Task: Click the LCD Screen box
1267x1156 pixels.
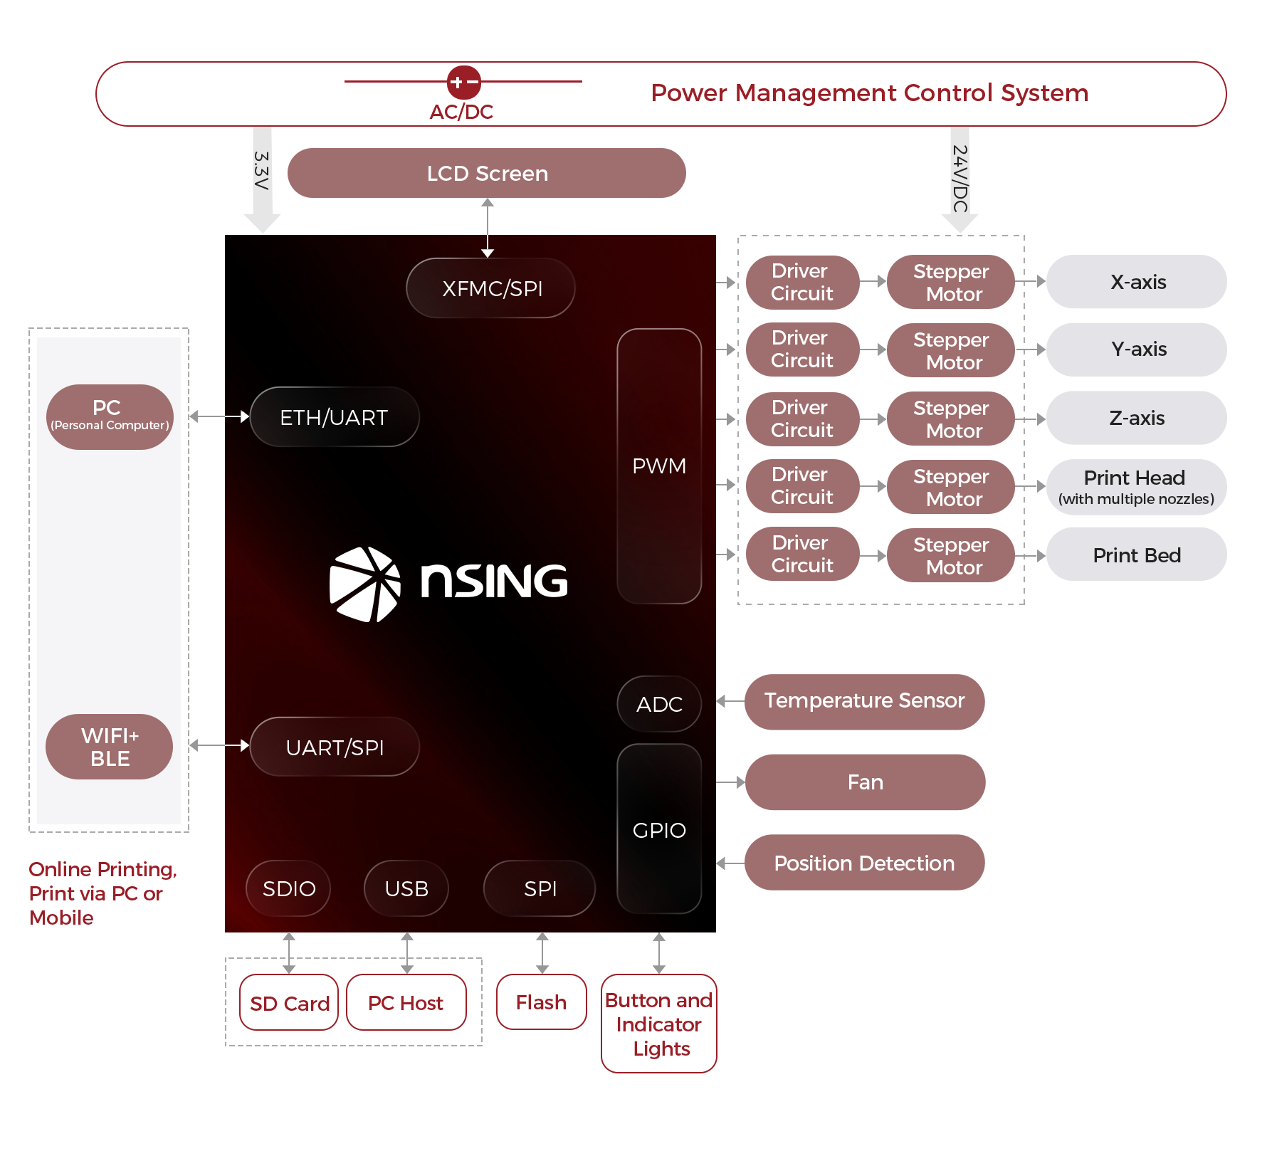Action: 487,173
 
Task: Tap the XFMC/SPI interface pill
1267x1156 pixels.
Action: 490,288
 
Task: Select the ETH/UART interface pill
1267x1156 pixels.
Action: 335,417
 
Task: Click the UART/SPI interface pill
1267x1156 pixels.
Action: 335,747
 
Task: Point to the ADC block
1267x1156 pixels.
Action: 659,704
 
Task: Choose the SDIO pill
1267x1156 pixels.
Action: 288,888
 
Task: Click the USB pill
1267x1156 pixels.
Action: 406,888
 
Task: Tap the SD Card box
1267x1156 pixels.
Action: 289,1003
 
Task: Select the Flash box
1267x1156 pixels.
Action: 542,1002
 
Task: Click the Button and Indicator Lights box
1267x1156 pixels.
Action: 659,1024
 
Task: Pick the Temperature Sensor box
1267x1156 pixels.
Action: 864,701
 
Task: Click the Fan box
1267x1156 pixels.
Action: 865,782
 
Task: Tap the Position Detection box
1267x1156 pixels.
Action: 864,863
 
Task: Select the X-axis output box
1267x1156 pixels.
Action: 1137,282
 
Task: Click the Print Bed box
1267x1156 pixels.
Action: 1137,555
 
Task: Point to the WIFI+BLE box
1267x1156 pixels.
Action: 110,747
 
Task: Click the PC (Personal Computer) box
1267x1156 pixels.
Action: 110,416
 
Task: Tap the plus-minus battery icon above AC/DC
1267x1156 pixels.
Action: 463,83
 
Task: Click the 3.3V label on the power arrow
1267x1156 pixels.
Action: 262,171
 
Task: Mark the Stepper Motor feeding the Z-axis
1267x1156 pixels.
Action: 951,419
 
